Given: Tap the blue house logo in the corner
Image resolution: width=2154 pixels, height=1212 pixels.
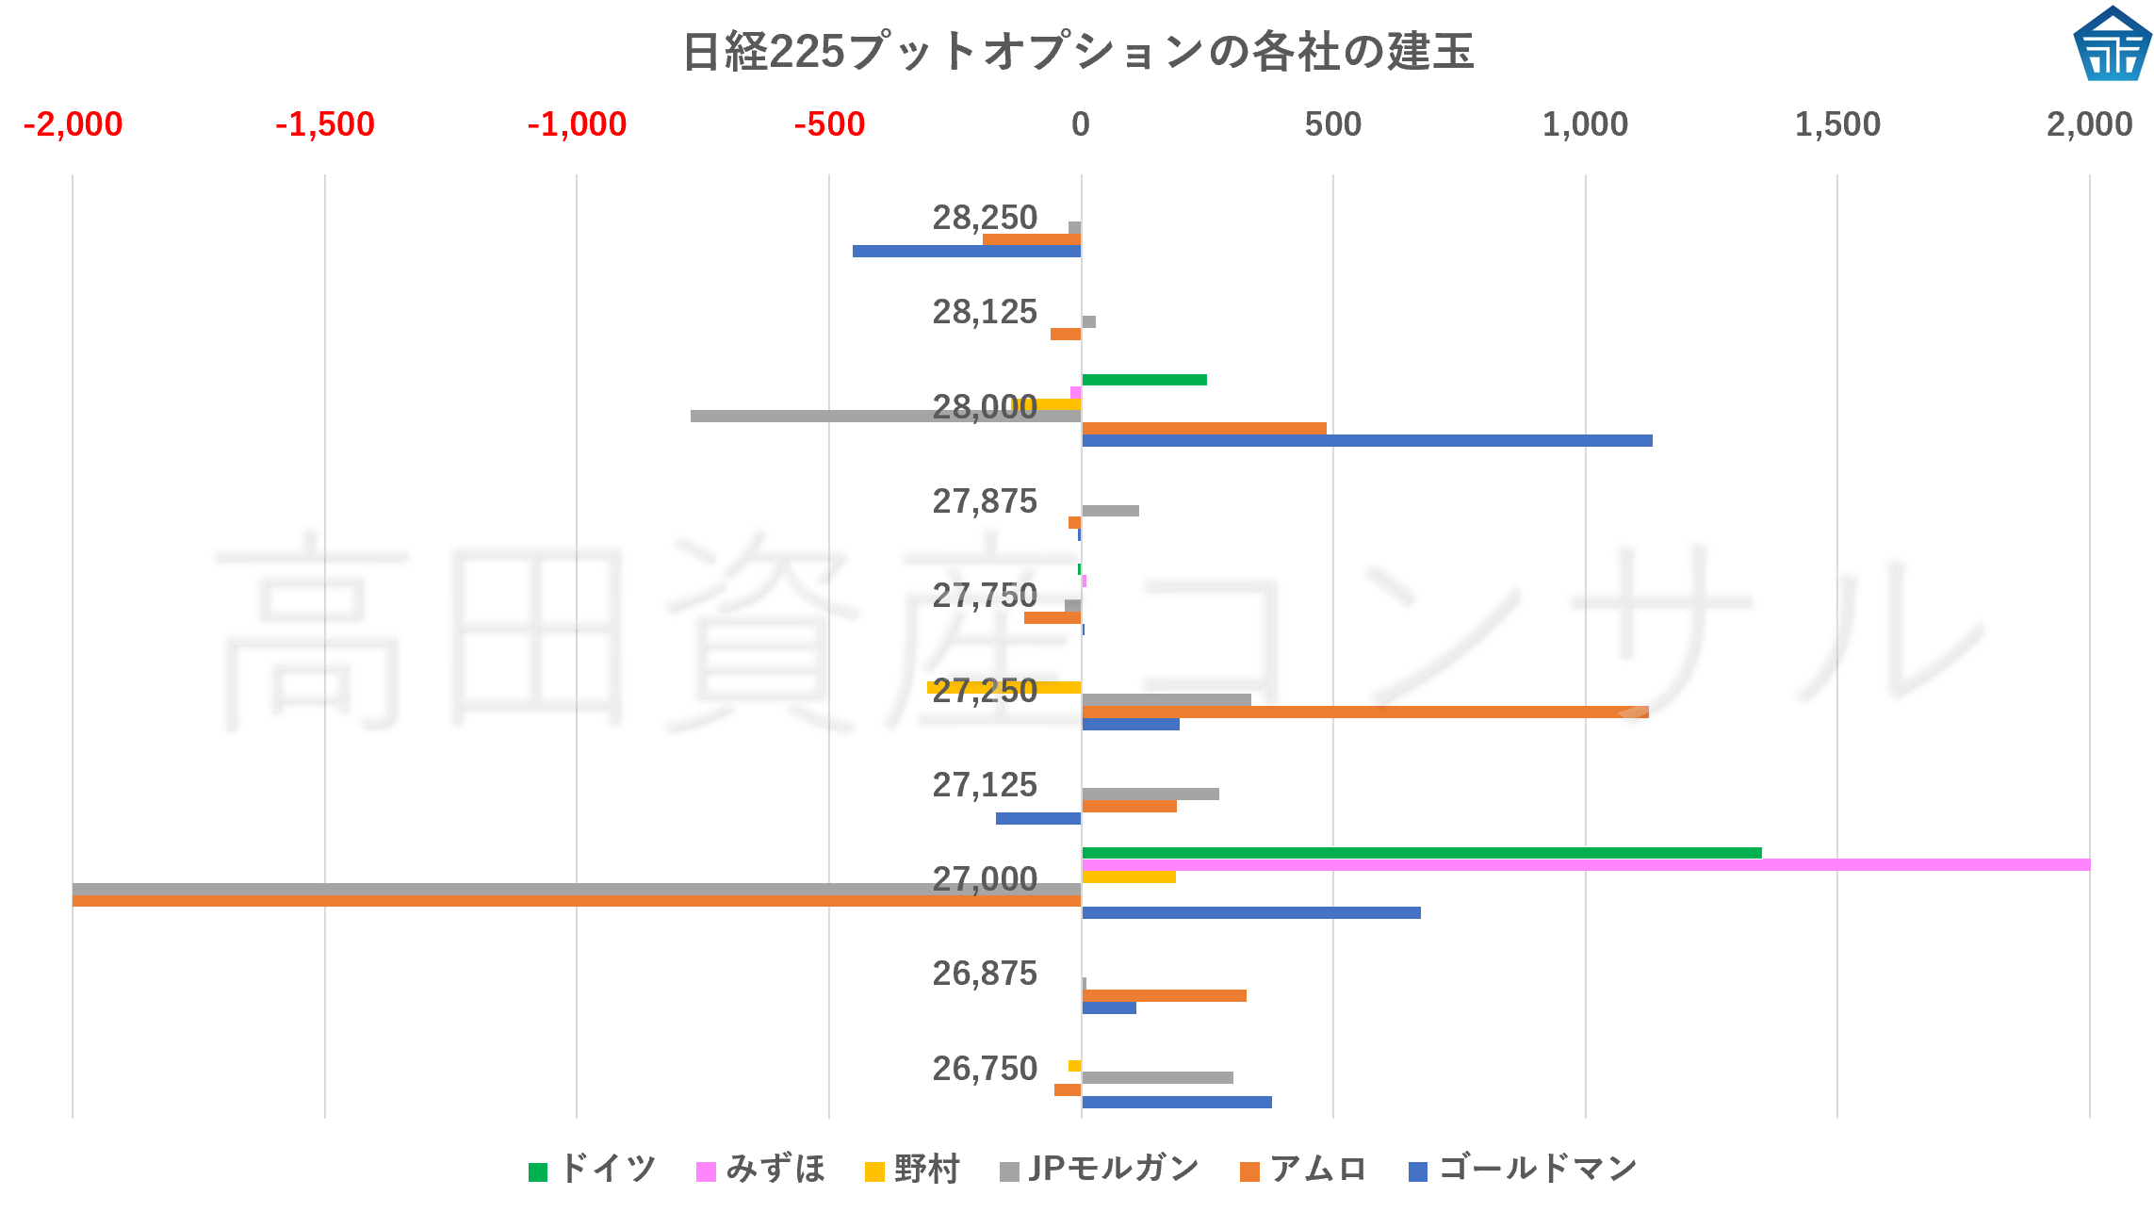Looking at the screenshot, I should click(x=2112, y=43).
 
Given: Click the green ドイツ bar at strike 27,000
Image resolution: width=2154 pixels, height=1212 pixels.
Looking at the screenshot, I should click(x=1421, y=853).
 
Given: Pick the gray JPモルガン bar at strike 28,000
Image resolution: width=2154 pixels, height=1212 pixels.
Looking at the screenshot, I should click(x=886, y=417).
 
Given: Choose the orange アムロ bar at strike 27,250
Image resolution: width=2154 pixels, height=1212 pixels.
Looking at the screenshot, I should click(x=1364, y=712).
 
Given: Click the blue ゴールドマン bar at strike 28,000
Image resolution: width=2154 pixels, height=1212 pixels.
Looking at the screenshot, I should click(x=1366, y=441).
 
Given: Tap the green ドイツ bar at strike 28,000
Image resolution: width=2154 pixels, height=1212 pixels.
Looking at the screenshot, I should click(x=1144, y=380).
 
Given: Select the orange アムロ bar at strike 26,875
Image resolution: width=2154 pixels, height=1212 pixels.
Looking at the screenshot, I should click(x=1164, y=996).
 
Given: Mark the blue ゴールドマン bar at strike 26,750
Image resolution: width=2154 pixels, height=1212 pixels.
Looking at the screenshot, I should click(x=1176, y=1103).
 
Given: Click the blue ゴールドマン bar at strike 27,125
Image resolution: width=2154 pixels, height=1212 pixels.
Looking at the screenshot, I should click(x=1038, y=819).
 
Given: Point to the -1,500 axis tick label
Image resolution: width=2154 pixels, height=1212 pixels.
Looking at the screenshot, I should click(x=325, y=124).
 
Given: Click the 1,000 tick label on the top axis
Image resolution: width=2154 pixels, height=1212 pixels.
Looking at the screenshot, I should click(x=1585, y=124).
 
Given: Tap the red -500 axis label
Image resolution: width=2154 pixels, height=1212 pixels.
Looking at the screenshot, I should click(x=829, y=124).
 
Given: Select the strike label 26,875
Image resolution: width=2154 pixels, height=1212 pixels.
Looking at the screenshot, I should click(x=985, y=974).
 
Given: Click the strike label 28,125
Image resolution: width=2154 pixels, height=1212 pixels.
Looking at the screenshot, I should click(x=985, y=312).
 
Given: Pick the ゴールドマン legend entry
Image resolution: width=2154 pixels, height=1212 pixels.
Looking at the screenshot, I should click(x=1523, y=1170).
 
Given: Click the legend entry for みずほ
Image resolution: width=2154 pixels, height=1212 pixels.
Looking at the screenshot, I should click(x=761, y=1170).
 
